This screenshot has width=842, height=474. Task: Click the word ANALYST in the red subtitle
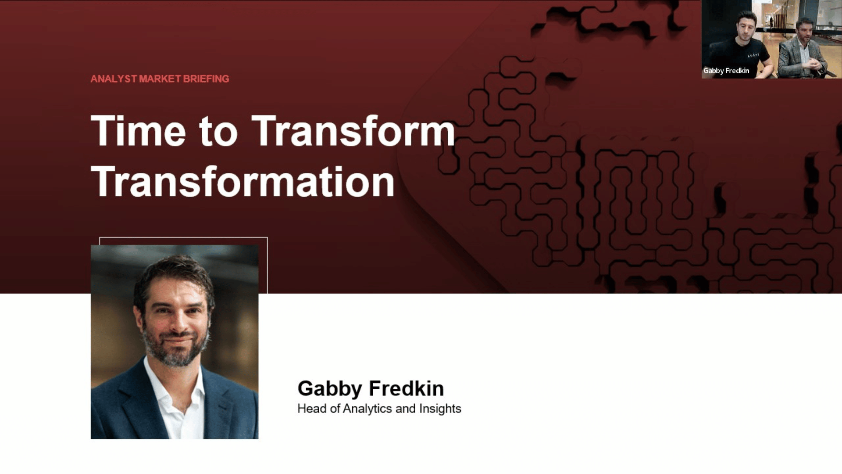click(x=114, y=79)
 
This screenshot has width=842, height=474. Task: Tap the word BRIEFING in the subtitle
click(x=206, y=79)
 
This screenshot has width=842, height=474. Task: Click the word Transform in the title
click(x=353, y=131)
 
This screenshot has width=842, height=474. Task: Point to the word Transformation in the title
click(x=243, y=181)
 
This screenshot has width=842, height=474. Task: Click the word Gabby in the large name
click(x=330, y=389)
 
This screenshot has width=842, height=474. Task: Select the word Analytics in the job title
click(x=367, y=409)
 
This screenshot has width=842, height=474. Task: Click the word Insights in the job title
click(x=440, y=409)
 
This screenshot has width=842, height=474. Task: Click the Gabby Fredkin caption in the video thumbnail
click(x=726, y=71)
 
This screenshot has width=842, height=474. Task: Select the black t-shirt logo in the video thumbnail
click(x=753, y=55)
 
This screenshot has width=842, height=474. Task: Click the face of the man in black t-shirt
click(x=746, y=29)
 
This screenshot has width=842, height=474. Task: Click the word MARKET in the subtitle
click(x=160, y=79)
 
